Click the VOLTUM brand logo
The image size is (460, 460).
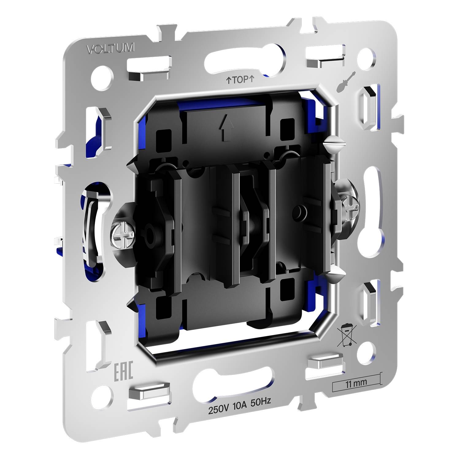[x=111, y=48]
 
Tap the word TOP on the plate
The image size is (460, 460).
[x=240, y=80]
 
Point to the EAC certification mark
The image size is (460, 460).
[x=123, y=372]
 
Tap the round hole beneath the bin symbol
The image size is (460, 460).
[x=367, y=350]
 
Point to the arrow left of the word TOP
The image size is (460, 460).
[x=228, y=81]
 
